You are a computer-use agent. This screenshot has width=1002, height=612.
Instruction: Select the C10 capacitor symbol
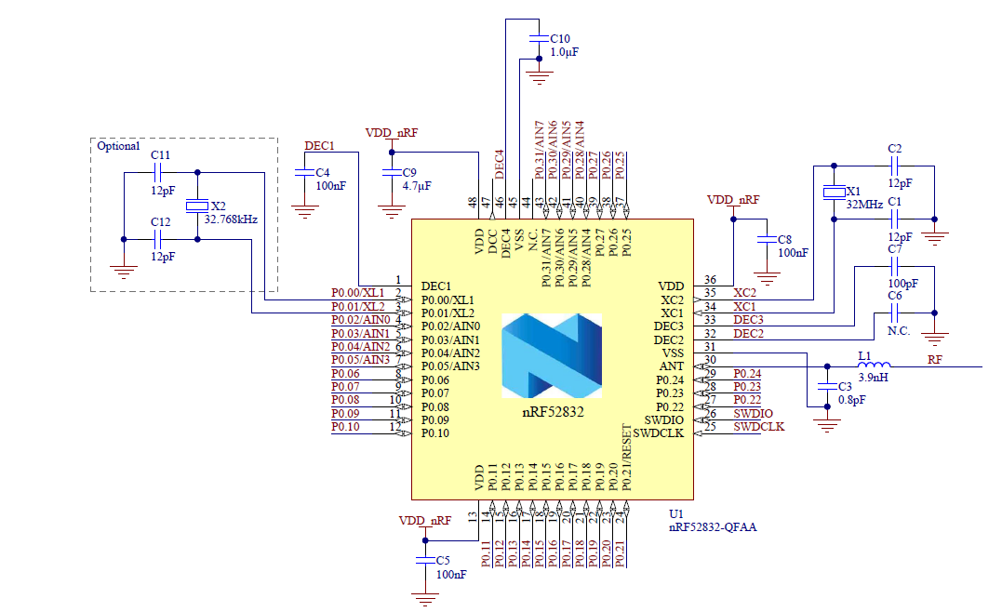click(538, 38)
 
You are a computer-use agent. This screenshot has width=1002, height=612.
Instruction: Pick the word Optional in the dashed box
click(118, 147)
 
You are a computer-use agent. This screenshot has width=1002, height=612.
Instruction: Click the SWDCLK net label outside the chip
click(758, 427)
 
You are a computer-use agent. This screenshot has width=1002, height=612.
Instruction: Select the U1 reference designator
click(676, 513)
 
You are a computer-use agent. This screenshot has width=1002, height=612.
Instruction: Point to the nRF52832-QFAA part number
click(713, 527)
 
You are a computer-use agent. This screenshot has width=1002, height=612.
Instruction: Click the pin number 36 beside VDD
click(710, 280)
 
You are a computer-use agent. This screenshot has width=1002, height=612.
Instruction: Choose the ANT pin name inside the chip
click(671, 366)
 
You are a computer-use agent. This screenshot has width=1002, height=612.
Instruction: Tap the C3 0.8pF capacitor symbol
click(825, 386)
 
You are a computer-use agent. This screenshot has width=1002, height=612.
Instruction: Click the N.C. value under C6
click(898, 330)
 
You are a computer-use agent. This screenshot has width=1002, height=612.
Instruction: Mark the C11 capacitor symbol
click(159, 172)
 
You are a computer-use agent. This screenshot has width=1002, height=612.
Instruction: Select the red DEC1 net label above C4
click(319, 146)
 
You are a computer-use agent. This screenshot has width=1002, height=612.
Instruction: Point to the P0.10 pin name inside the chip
click(434, 433)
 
